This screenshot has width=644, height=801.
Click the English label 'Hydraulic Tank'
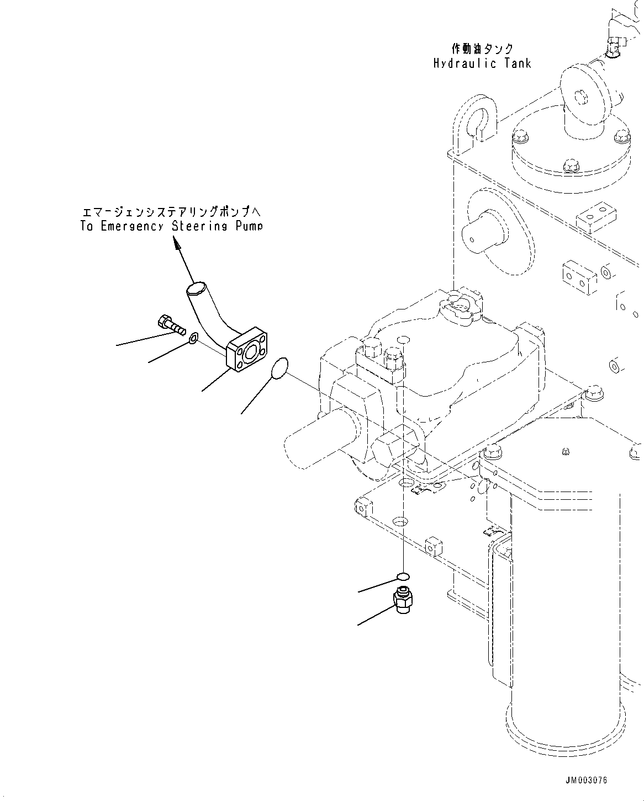[x=482, y=63]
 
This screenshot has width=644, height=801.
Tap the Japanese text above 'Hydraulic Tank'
[x=482, y=49]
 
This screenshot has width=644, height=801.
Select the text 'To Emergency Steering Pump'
[x=171, y=226]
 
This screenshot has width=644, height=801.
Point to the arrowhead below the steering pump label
[x=177, y=243]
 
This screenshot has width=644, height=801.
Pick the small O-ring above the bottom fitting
[x=403, y=577]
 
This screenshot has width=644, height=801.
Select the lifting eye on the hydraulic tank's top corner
[x=473, y=120]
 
